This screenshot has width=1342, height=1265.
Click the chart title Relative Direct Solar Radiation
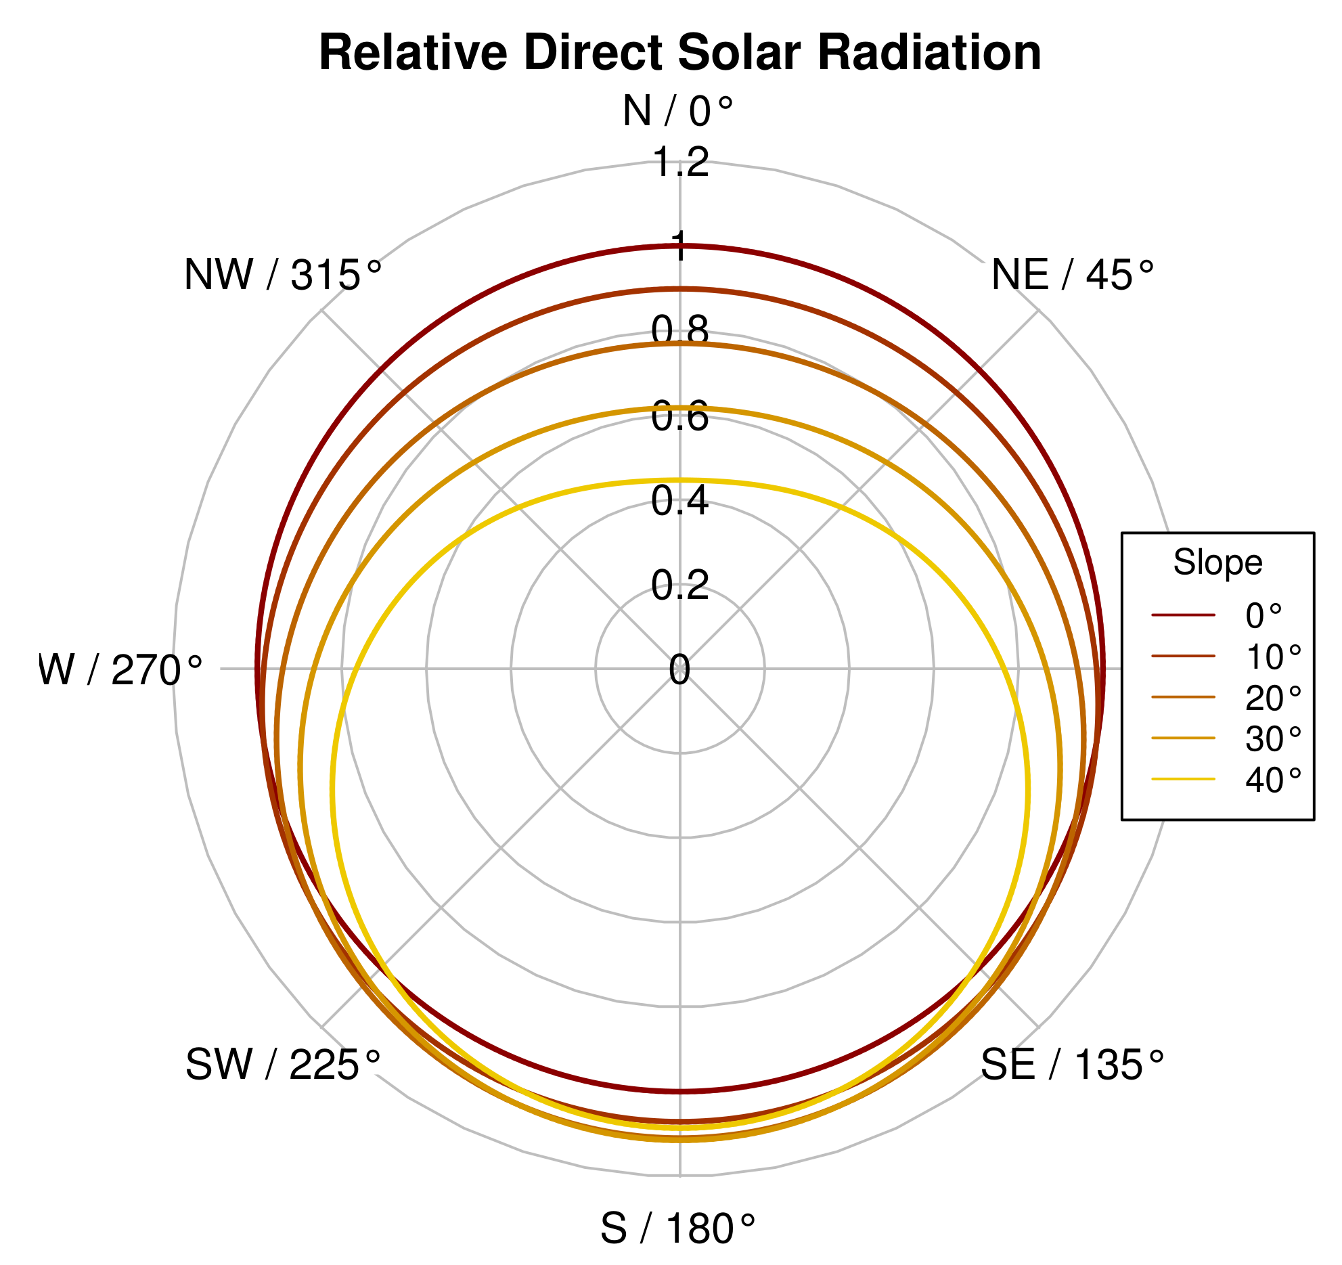point(679,53)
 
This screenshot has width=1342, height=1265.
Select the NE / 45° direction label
point(1073,275)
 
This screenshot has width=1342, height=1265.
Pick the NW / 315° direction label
point(283,275)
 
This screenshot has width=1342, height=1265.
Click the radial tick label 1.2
point(680,162)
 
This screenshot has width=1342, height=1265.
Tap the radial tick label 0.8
point(680,331)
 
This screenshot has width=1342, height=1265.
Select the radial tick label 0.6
point(680,416)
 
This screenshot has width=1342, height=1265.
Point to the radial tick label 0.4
point(680,501)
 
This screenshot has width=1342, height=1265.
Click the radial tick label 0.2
point(680,585)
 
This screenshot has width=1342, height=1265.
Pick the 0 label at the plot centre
point(679,670)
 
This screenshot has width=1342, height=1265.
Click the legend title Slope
point(1217,562)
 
